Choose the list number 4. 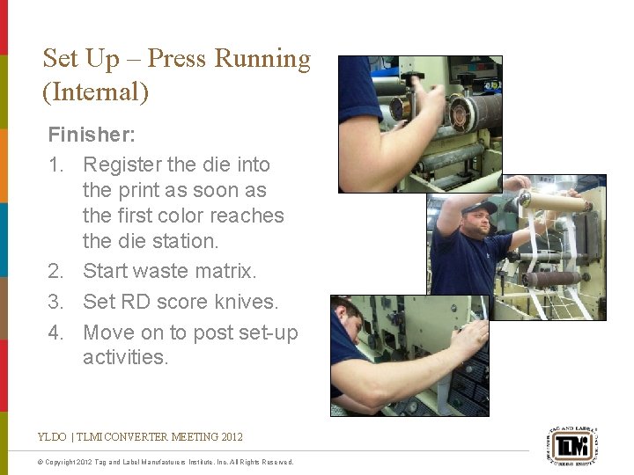pos(55,332)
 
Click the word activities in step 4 pos(124,357)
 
